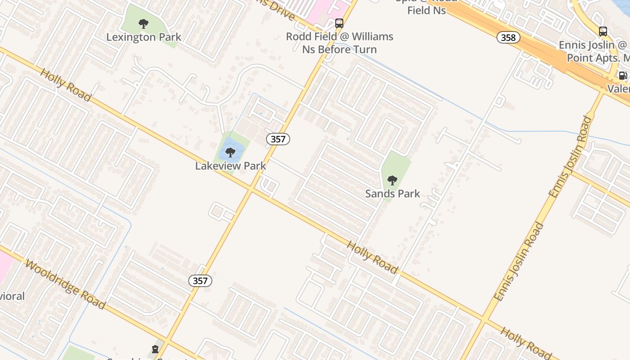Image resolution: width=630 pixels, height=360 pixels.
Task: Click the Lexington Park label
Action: point(144,37)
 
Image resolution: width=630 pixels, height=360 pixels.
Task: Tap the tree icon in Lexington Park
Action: point(144,24)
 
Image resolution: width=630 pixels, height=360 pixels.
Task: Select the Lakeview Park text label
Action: point(230,166)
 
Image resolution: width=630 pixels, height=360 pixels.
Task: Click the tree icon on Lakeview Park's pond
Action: point(230,153)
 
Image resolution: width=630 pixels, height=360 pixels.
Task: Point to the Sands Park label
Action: point(392,193)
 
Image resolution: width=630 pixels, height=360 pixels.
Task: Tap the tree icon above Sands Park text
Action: point(392,180)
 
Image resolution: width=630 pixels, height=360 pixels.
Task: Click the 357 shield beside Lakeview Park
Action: point(278,139)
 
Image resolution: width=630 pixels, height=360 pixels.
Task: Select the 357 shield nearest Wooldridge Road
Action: point(200,281)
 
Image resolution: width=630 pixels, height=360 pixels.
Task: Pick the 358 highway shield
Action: point(508,37)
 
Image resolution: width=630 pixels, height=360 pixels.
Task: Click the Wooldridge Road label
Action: point(66,284)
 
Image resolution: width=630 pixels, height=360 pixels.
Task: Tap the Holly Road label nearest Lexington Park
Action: point(66,85)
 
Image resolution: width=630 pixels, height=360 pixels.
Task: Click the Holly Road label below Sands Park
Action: point(373,257)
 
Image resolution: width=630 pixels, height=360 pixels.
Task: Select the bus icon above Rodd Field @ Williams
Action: point(339,23)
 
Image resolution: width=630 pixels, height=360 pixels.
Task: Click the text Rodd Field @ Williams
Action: point(340,36)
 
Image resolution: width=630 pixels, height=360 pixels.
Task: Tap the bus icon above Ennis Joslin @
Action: point(603,31)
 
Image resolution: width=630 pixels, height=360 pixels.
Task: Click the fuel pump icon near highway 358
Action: point(623,75)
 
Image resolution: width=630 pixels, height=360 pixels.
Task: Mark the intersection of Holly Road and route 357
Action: point(251,189)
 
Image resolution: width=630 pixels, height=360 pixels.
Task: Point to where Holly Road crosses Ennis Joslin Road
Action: point(483,319)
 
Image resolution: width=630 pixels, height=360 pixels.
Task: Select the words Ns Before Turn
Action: point(339,49)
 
